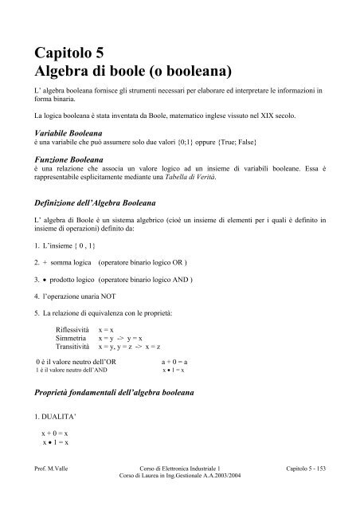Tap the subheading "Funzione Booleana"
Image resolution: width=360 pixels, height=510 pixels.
pyautogui.click(x=68, y=160)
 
